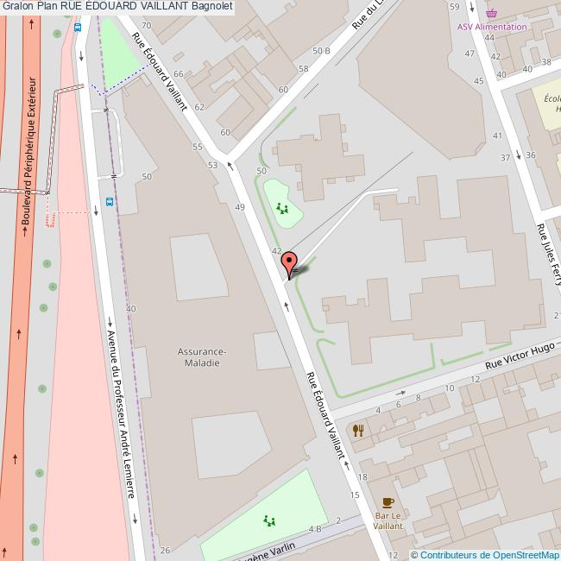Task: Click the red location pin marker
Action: click(290, 261)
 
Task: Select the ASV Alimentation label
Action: click(492, 27)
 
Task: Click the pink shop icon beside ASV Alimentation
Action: click(492, 14)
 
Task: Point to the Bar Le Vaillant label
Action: click(388, 520)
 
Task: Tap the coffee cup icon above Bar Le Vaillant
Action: click(388, 501)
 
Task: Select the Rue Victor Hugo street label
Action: click(519, 356)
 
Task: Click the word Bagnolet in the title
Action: click(212, 6)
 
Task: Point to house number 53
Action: click(212, 164)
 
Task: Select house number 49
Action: click(239, 207)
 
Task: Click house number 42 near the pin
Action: click(277, 250)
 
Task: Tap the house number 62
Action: click(199, 107)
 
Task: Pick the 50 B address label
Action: click(321, 51)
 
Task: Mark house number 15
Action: click(355, 495)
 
